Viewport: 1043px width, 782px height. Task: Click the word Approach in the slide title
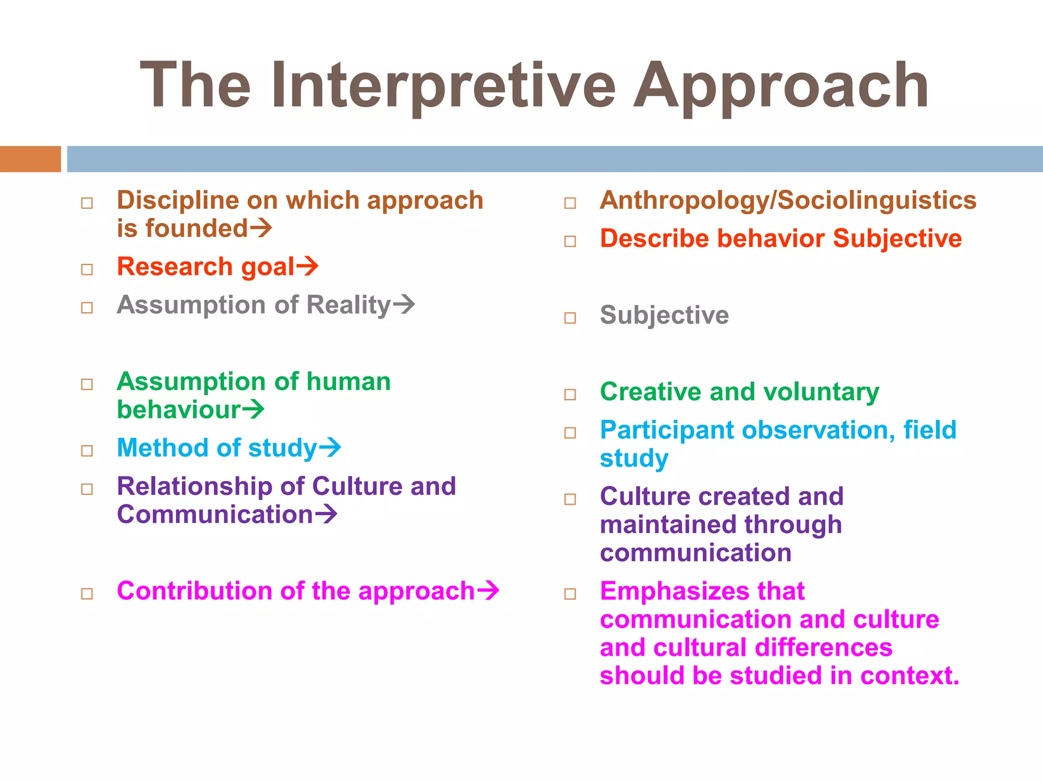pos(780,86)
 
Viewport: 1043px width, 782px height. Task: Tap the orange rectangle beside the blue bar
pos(30,159)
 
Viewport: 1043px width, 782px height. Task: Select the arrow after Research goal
pos(307,266)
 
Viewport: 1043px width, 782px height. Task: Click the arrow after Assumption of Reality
pos(404,304)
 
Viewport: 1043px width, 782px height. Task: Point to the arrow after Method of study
pos(330,448)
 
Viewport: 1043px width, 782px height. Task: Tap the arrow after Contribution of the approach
pos(487,591)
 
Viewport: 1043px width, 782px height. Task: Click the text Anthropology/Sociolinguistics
pos(788,200)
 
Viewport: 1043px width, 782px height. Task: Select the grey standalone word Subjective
pos(664,315)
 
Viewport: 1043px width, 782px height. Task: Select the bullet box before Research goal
pos(87,269)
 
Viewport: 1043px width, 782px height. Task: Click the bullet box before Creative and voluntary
pos(570,395)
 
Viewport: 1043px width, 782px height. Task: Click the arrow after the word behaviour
pos(253,409)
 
